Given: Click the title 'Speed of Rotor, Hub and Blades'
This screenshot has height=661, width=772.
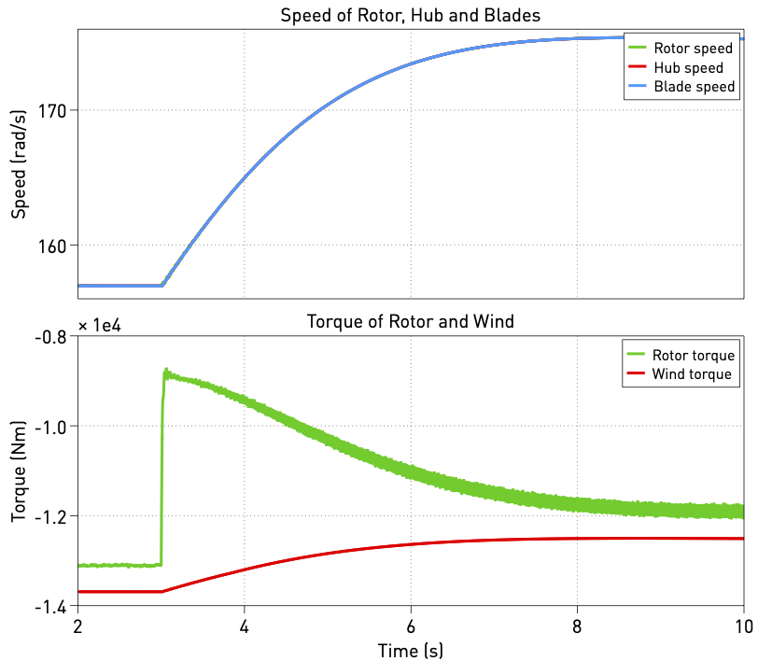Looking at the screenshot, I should (x=411, y=16).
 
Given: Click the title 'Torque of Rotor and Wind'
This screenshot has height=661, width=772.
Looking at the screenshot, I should (x=411, y=322).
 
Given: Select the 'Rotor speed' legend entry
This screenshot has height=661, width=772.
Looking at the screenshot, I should (x=687, y=49).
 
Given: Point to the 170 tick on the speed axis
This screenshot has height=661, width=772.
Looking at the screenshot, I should (x=55, y=111).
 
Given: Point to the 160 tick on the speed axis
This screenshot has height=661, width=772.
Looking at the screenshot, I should (x=55, y=246).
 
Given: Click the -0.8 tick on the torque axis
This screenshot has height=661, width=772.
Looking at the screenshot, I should (x=53, y=337).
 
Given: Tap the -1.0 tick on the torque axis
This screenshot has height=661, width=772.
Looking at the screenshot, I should (x=53, y=427).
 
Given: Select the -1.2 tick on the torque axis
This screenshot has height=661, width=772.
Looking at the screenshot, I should (x=53, y=516).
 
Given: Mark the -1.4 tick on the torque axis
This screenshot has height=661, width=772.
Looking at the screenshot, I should (x=53, y=607).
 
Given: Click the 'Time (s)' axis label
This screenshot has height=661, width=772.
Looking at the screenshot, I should (x=411, y=649).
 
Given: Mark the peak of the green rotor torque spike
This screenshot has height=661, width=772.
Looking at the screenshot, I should (x=166, y=371).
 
